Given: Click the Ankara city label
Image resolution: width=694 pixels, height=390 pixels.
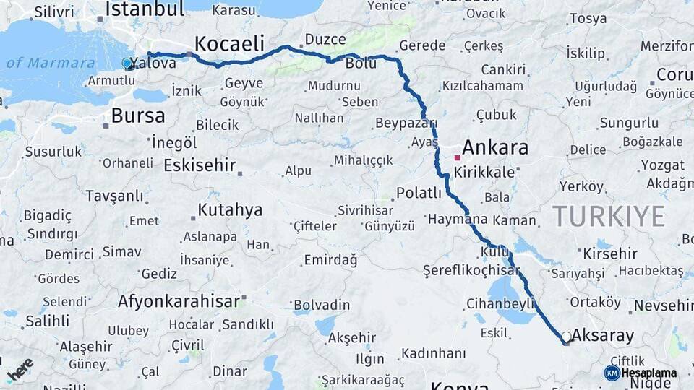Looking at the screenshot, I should click(494, 148).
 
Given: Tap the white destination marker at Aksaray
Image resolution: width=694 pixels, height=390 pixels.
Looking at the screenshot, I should click(567, 337).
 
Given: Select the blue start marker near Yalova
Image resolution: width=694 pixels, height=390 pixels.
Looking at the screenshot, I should click(128, 64).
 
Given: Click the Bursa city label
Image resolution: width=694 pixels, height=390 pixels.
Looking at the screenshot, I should click(138, 116).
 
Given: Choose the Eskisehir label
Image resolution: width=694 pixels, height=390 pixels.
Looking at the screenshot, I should click(200, 165).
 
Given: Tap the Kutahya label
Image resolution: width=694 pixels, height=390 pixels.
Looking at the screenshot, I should click(230, 210).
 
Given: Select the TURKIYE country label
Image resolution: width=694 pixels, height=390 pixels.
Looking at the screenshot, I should click(608, 215).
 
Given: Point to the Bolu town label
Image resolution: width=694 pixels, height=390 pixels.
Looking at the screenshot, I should click(361, 64).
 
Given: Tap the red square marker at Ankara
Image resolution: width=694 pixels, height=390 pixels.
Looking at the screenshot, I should click(457, 157).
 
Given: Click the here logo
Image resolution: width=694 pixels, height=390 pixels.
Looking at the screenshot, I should click(20, 370).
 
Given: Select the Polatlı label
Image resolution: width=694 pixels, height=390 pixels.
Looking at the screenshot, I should click(419, 193).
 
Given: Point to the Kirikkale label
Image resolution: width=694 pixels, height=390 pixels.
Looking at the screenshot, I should click(484, 173).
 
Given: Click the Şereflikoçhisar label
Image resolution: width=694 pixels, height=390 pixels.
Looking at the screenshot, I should click(471, 271).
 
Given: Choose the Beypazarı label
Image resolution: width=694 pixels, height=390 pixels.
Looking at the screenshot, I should click(406, 123).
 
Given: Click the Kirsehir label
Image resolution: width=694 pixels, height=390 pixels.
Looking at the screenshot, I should click(610, 253).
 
